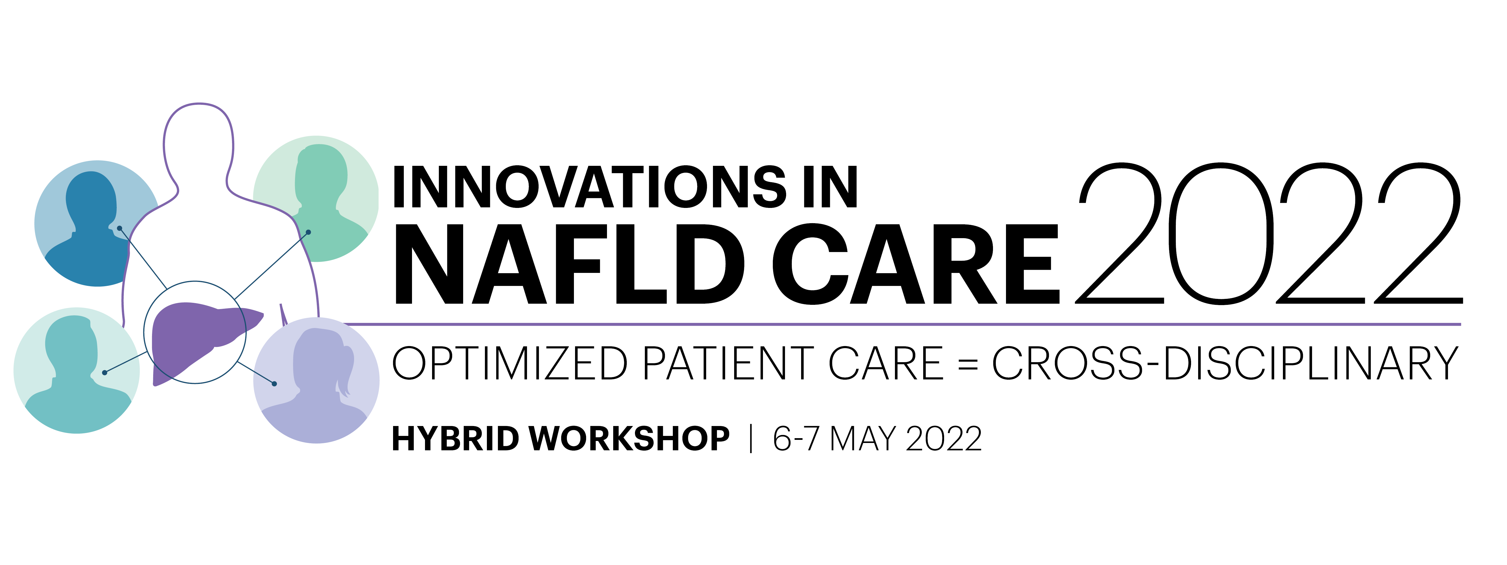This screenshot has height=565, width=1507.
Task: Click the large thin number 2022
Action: click(x=1269, y=233)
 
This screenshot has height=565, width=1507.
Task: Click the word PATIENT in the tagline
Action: click(x=728, y=363)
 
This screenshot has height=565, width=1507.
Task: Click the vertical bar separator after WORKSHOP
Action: click(x=751, y=439)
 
